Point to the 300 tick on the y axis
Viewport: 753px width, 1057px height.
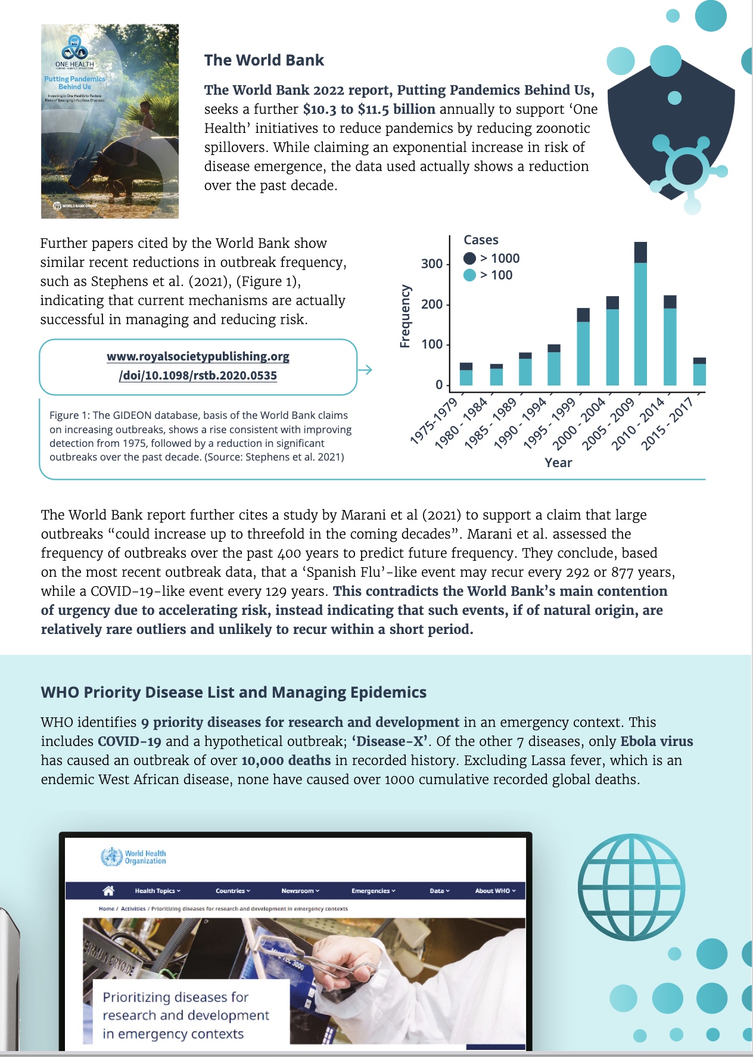(432, 264)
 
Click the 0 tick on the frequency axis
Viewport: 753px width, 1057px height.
(439, 385)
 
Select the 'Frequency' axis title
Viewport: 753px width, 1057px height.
(406, 316)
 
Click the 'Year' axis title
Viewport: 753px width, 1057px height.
(558, 463)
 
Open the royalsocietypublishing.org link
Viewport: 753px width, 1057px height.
(198, 366)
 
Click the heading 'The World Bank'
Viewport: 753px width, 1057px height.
(264, 60)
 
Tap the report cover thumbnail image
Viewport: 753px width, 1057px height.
(110, 121)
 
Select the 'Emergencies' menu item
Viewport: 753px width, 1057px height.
(373, 891)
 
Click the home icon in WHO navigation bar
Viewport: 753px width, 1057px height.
(108, 891)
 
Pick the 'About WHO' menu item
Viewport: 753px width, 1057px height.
(495, 891)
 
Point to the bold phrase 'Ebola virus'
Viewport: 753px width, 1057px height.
(656, 741)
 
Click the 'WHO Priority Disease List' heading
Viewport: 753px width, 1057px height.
(234, 692)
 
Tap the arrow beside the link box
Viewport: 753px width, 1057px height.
(365, 370)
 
